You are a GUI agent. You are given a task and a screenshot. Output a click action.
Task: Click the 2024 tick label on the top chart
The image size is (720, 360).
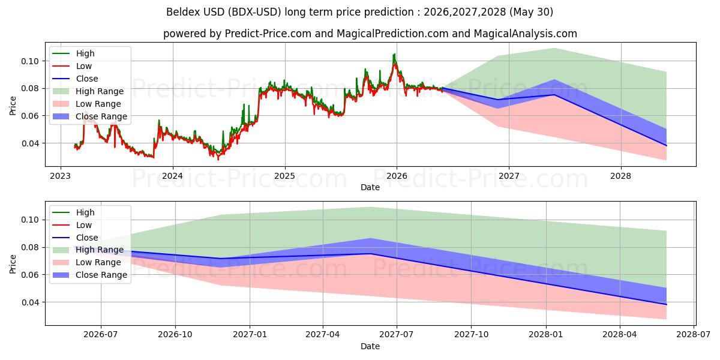point(173,176)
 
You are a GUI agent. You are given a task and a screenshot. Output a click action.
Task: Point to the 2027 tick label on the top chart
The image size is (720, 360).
point(509,176)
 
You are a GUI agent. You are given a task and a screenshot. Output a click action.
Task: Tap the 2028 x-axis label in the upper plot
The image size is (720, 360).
point(620,176)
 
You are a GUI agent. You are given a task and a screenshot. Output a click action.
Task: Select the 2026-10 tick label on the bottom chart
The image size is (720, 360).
point(175,335)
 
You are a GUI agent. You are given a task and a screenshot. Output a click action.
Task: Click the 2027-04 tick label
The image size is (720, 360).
point(323,335)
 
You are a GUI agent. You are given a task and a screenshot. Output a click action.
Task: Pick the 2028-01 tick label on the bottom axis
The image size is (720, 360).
point(546,335)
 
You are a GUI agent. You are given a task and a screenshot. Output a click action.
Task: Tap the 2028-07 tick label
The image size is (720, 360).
point(694,335)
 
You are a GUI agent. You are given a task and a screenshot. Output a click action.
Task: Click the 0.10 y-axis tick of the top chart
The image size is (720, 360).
point(30,61)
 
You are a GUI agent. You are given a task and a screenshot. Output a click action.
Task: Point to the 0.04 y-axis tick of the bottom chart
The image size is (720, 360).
point(30,302)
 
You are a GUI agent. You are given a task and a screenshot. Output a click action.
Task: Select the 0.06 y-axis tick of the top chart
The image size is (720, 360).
point(30,116)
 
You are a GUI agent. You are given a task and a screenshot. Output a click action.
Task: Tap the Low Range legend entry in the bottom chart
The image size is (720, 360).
point(87,262)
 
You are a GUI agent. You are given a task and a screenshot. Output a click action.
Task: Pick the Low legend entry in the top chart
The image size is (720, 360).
point(72,66)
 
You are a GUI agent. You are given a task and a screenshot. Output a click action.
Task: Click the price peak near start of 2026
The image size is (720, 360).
point(394,54)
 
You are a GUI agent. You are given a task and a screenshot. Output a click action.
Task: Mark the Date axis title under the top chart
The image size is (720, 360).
point(370,187)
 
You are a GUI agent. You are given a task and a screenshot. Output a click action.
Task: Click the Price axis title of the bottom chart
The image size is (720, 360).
point(13,264)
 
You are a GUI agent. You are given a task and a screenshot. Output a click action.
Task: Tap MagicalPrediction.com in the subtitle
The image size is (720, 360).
point(392,34)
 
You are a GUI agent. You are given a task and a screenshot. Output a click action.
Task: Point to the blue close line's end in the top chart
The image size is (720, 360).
point(667,146)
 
